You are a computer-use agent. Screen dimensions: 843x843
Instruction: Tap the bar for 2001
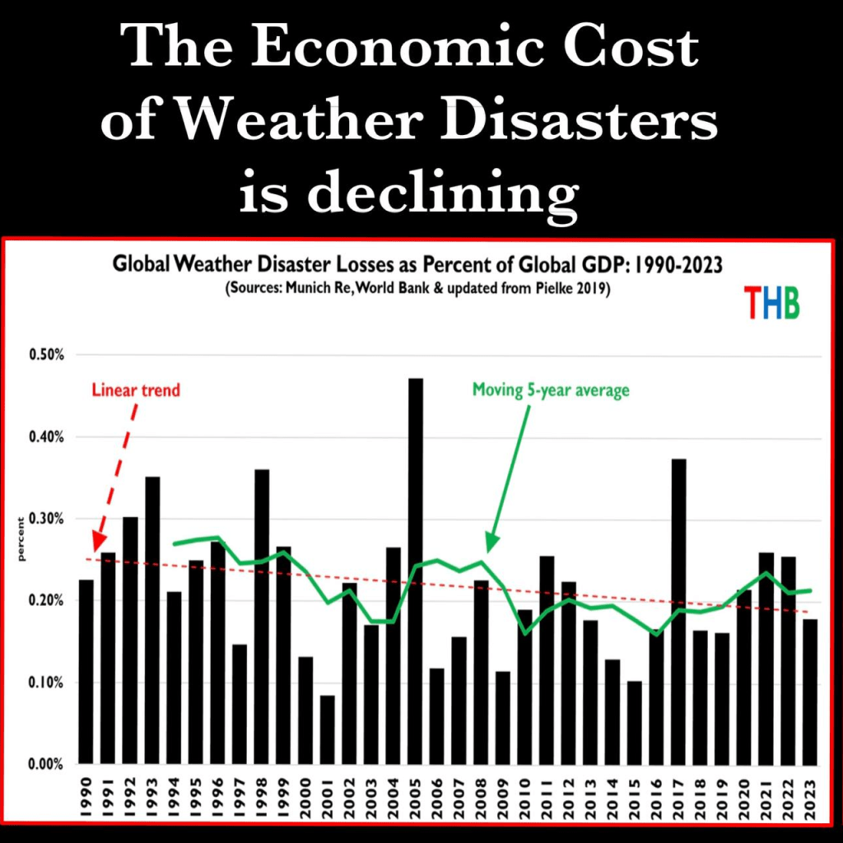point(328,729)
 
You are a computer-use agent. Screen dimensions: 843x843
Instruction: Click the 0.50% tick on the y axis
point(48,355)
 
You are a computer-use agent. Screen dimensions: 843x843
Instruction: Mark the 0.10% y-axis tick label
point(48,682)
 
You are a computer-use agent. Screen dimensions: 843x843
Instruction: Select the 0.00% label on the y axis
point(48,764)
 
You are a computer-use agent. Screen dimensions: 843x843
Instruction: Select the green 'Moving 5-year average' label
point(551,389)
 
